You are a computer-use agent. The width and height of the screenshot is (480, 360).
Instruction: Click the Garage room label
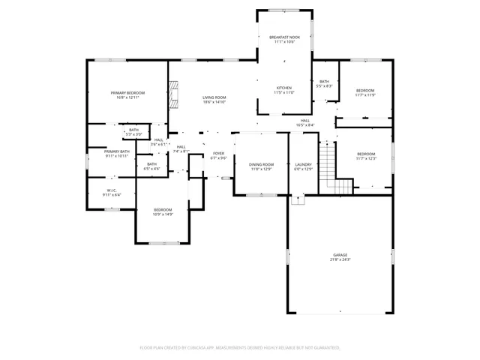click(340, 254)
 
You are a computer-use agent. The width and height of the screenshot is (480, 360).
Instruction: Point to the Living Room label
click(214, 97)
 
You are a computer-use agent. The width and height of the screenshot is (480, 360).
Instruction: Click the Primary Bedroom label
click(127, 92)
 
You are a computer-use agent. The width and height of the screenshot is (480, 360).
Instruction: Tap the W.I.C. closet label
click(111, 190)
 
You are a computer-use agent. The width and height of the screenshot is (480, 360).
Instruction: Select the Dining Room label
click(261, 164)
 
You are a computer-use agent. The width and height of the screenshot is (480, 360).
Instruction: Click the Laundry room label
click(303, 164)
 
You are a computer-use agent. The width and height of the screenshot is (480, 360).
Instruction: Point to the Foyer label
click(218, 154)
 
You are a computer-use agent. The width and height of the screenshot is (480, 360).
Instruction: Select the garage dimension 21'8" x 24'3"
click(340, 259)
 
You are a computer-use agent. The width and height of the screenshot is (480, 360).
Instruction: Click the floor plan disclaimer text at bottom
click(240, 348)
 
